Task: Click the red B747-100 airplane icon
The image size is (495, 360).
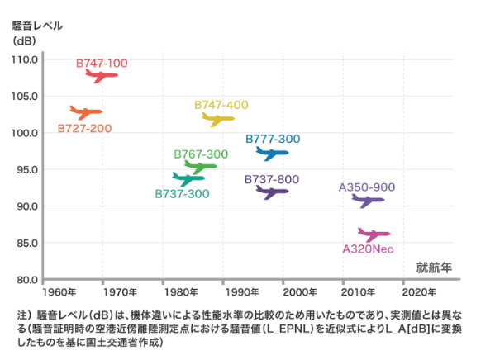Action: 102,75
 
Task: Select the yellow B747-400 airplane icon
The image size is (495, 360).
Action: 218,119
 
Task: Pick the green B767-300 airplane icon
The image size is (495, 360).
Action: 200,166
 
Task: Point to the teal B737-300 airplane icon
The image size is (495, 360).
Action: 188,178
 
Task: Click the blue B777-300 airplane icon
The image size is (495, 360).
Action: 272,153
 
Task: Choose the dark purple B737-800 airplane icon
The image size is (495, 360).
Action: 272,192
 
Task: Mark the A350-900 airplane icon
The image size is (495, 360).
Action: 368,201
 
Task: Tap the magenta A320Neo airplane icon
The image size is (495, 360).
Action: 374,234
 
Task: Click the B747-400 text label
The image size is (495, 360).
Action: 221,105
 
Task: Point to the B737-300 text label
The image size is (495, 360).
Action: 182,193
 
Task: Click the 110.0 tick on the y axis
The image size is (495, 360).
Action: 24,59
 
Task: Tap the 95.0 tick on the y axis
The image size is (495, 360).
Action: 26,170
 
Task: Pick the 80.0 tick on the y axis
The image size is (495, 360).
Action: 26,280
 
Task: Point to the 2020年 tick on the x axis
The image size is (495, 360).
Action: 419,292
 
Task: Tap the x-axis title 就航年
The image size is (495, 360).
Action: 434,267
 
